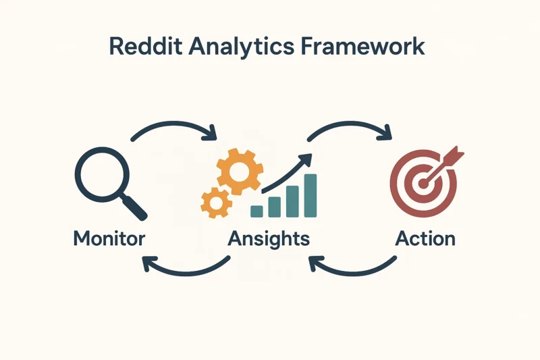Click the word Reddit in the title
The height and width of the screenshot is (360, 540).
[145, 46]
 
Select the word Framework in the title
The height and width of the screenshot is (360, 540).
[362, 46]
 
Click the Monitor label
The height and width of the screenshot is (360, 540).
[109, 238]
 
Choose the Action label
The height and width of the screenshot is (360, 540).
[425, 238]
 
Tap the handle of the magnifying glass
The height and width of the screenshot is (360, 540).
[136, 208]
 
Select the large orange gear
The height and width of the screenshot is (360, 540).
[240, 172]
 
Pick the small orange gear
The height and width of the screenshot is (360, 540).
[216, 203]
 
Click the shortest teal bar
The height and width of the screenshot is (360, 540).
[256, 211]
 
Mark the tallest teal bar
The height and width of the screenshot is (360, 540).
[310, 196]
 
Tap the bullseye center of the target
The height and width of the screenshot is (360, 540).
[423, 183]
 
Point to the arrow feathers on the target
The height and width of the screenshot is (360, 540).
[454, 155]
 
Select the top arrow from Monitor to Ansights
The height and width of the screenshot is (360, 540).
[174, 124]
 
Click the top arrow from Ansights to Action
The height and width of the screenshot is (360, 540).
[350, 124]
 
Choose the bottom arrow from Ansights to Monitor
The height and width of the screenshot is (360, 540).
[188, 273]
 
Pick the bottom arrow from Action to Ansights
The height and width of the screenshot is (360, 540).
[353, 273]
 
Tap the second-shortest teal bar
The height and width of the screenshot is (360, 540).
[275, 207]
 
